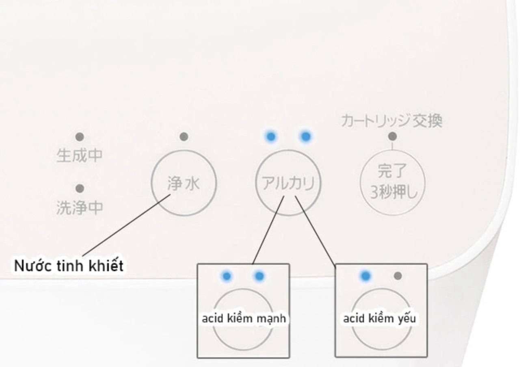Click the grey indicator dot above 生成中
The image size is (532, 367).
point(80,137)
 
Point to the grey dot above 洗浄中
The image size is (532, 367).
point(80,188)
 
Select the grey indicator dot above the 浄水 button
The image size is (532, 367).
point(184,137)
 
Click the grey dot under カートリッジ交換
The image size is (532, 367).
point(392,136)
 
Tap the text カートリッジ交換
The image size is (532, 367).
point(391,121)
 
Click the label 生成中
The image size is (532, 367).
point(80,156)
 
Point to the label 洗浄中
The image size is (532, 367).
point(80,208)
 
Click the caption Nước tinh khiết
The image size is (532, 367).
point(69,266)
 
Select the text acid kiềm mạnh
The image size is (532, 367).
point(244,319)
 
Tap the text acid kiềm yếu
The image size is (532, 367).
point(380,319)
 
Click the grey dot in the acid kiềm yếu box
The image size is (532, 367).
point(398,276)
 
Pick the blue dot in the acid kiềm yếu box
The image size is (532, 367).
point(365,276)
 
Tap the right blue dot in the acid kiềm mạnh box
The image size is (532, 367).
point(259,276)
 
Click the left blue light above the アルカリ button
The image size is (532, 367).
point(271,136)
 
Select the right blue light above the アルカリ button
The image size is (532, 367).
point(306,136)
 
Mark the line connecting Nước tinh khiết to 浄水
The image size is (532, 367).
point(126,225)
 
